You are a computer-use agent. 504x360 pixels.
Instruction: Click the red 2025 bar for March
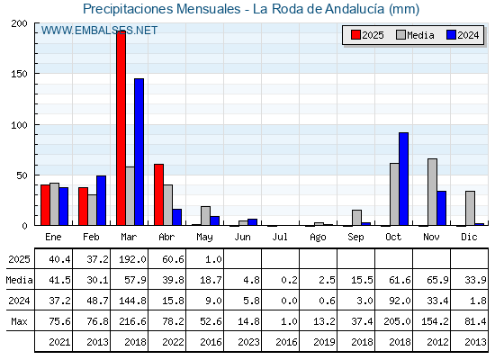(121, 128)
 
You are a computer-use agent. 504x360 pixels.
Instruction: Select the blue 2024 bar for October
(404, 179)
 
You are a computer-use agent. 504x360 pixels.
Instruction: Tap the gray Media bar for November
(432, 192)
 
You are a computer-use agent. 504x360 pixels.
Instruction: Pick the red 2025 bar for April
(158, 194)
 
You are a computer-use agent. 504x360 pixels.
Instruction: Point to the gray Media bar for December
(470, 208)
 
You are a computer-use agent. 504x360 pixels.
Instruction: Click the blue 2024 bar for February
(101, 201)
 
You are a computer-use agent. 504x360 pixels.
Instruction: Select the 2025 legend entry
(367, 35)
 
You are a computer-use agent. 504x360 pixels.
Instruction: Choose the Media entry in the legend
(415, 35)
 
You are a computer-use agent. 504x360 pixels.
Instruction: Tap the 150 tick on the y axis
(19, 74)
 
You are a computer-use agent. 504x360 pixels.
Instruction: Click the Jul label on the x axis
(280, 237)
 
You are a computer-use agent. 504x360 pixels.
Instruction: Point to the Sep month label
(355, 237)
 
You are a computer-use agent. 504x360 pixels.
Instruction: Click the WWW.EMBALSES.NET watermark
(99, 31)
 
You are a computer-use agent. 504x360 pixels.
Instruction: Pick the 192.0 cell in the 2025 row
(133, 259)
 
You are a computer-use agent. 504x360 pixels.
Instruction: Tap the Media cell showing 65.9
(437, 280)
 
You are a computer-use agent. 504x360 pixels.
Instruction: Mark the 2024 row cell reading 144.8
(133, 301)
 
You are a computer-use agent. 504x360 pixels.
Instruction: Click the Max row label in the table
(19, 321)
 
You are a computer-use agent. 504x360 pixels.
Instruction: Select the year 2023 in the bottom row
(248, 342)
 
